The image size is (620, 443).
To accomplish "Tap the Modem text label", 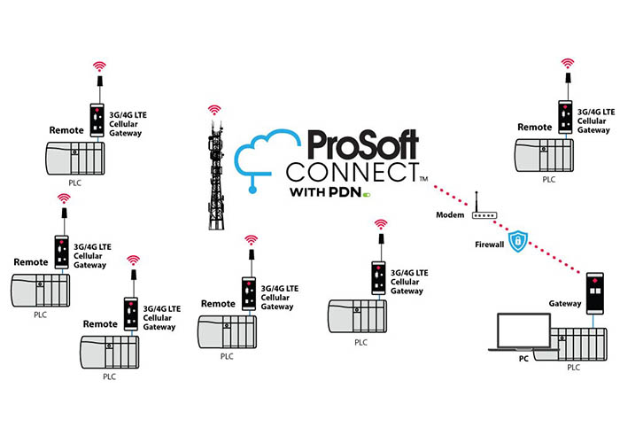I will [x=451, y=216].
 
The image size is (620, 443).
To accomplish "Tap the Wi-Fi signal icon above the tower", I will [x=213, y=110].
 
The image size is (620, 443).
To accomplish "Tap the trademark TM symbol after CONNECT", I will [x=423, y=180].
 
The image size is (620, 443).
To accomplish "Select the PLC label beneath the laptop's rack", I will [x=574, y=368].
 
